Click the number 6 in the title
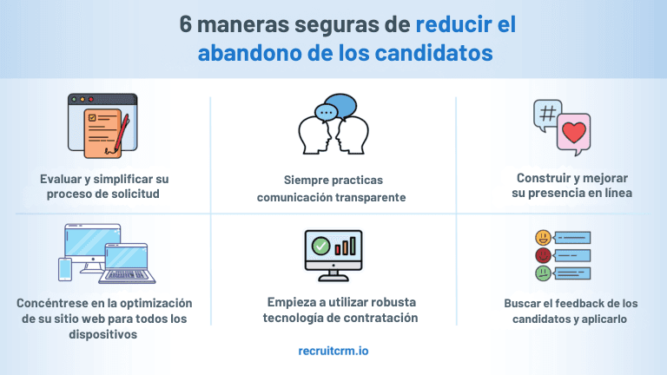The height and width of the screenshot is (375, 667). pos(187,23)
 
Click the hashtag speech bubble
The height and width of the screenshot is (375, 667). pos(548,115)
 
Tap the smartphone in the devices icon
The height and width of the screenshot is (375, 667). pos(65,269)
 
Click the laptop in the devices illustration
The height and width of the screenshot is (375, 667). pos(128,263)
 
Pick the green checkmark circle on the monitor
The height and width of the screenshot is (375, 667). pos(321,247)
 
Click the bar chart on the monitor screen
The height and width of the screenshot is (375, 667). pos(347,245)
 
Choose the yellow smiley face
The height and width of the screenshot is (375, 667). pos(542,237)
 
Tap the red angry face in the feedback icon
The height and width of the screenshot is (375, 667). pos(542,255)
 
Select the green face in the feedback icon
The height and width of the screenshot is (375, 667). pos(542,273)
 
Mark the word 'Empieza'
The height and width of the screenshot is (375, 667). pos(290,301)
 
